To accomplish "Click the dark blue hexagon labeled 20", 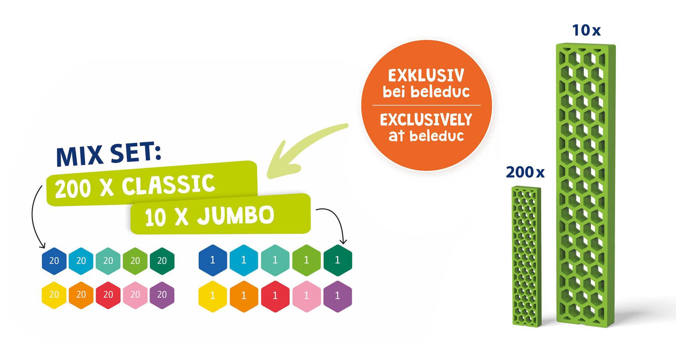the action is click(x=54, y=261).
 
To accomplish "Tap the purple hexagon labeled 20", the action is click(x=162, y=295).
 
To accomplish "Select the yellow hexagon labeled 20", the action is click(x=54, y=295).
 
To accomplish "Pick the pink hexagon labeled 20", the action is click(x=135, y=295).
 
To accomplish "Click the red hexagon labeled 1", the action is click(x=275, y=296).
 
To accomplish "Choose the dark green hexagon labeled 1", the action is click(x=338, y=260).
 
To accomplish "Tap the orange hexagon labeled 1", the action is click(x=244, y=296).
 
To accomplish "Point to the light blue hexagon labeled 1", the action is click(x=244, y=260).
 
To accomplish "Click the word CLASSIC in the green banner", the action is click(x=169, y=185).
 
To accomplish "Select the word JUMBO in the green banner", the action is click(x=236, y=215).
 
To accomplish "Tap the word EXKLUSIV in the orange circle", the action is click(x=426, y=76).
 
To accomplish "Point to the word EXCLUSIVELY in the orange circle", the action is click(x=426, y=120).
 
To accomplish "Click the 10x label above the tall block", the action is click(x=586, y=30).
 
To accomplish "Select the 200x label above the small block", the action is click(x=525, y=172).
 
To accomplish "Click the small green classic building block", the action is click(x=527, y=257).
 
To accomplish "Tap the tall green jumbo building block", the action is click(x=585, y=185).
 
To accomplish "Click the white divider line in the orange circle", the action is click(x=427, y=105).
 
